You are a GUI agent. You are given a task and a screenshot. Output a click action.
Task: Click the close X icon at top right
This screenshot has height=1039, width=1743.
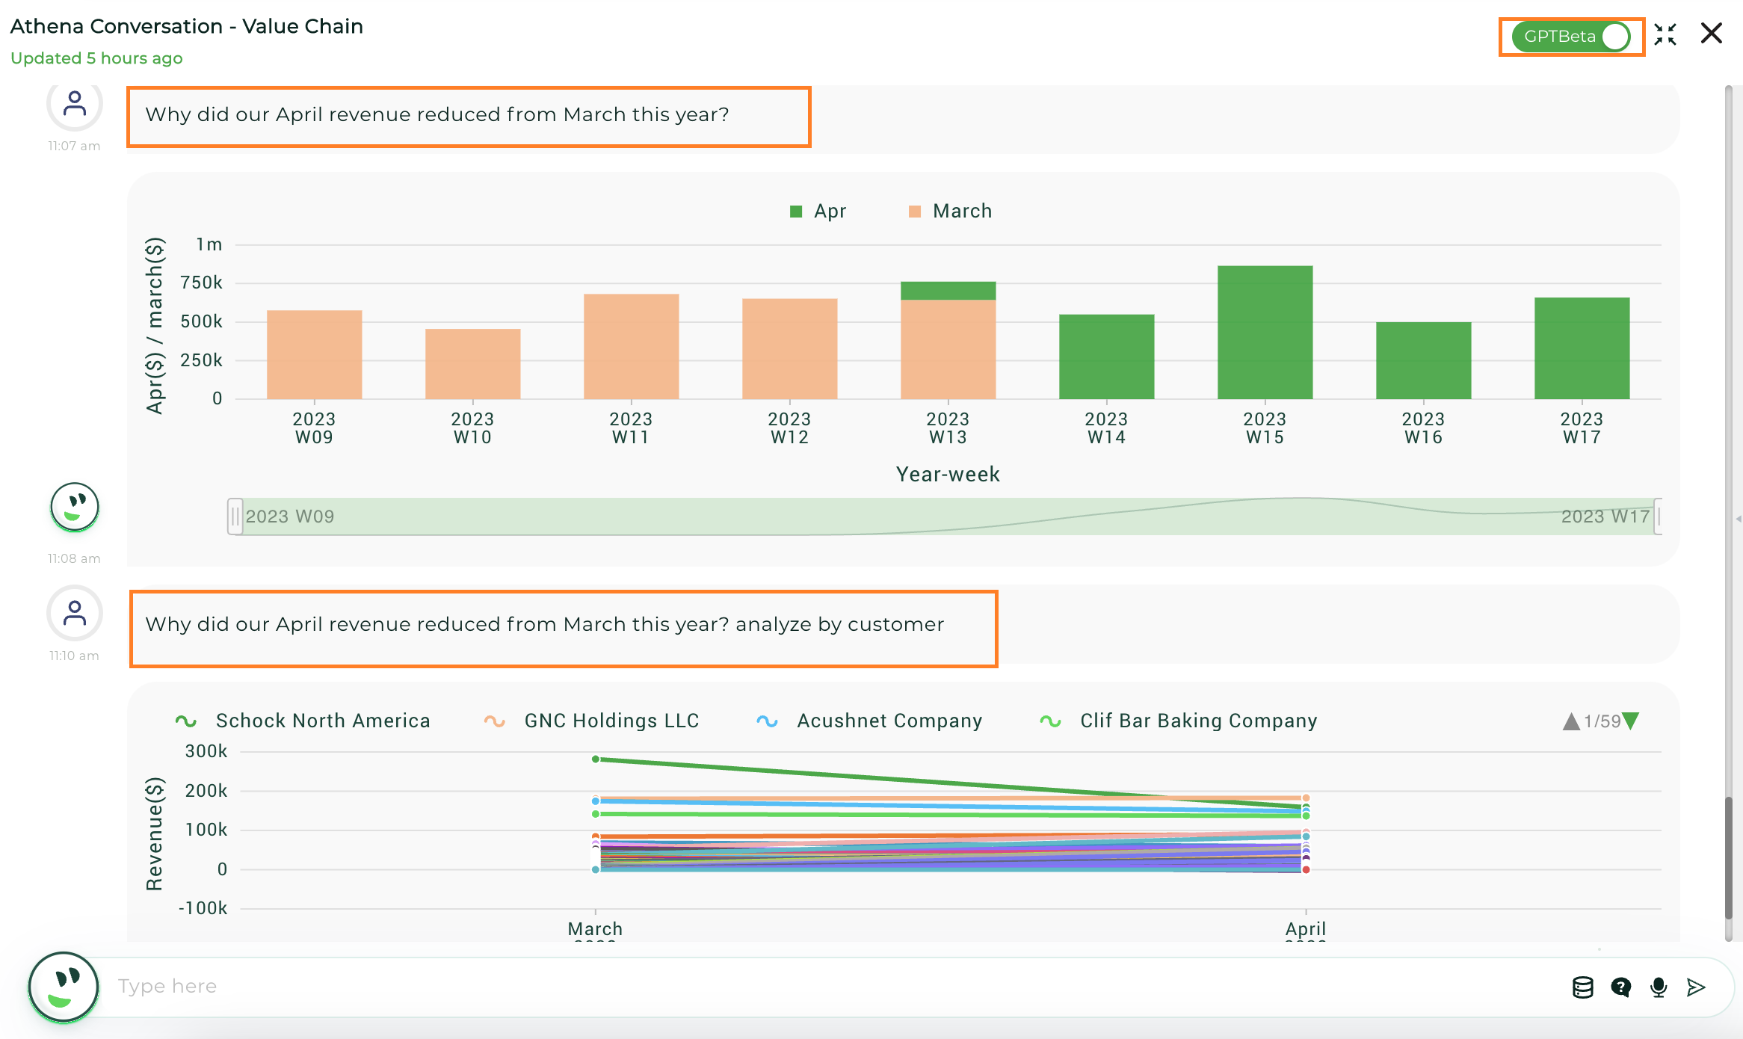click(1711, 34)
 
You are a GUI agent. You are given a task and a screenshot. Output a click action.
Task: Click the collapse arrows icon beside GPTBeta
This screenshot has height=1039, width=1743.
click(1665, 34)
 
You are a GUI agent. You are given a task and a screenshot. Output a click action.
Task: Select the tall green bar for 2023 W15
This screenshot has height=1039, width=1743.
click(1265, 333)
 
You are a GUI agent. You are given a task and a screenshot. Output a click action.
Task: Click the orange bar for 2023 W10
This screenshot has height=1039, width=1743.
click(472, 364)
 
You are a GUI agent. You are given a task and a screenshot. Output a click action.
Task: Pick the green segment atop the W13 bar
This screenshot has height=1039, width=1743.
click(948, 291)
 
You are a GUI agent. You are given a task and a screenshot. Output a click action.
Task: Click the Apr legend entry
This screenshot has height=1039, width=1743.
click(818, 212)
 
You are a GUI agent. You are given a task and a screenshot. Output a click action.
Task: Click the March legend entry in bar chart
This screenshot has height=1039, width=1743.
click(951, 212)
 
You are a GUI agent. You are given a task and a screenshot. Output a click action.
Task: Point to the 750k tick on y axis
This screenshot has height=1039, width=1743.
click(201, 283)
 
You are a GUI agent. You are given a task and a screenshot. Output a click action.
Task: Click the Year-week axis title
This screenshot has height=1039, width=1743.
click(948, 474)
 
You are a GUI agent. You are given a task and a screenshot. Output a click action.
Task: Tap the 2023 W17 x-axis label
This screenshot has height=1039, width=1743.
click(1582, 428)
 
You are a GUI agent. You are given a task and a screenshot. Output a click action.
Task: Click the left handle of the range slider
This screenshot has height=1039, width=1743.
click(235, 517)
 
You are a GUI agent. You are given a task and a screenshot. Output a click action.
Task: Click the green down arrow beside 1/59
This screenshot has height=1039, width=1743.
click(1631, 721)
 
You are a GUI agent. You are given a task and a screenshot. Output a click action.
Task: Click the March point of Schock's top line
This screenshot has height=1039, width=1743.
click(596, 759)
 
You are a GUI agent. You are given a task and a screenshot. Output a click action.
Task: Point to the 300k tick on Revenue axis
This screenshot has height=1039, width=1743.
click(206, 751)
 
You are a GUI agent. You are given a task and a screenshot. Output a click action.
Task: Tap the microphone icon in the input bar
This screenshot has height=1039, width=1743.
click(1659, 987)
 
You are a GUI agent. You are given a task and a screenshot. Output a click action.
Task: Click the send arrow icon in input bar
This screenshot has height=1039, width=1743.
click(1696, 987)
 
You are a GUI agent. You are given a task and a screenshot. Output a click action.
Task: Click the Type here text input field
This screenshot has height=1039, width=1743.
click(822, 987)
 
